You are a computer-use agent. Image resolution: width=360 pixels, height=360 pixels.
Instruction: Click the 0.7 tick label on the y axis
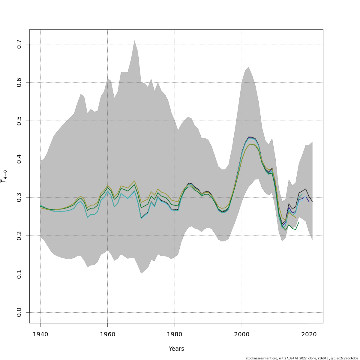19,44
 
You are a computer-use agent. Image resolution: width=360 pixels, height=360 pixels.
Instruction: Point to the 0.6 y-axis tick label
19,82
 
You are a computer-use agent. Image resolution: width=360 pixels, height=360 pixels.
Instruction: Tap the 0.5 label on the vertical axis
19,121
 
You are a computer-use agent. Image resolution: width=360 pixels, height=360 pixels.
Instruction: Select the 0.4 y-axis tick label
19,159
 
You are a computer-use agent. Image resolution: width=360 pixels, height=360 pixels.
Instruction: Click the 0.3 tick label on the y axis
19,197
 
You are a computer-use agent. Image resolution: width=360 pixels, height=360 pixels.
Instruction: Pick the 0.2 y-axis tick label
19,236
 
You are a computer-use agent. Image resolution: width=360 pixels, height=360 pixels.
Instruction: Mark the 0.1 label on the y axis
19,274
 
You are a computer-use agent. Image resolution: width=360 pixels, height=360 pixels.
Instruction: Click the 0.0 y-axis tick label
19,312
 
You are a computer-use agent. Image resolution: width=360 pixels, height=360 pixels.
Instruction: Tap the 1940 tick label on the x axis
40,334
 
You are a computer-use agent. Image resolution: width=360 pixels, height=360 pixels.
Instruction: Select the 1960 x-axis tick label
107,334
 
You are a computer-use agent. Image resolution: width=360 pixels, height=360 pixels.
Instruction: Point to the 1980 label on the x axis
175,334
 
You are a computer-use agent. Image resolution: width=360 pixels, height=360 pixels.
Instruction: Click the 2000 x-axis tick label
242,334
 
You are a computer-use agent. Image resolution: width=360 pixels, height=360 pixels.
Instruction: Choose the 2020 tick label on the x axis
309,334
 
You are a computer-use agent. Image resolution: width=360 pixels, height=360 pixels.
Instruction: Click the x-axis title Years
176,349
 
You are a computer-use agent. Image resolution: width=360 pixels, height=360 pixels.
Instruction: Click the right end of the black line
312,201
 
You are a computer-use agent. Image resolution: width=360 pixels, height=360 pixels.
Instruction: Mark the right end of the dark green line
299,222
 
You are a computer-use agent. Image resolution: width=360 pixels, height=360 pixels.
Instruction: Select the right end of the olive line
295,218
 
